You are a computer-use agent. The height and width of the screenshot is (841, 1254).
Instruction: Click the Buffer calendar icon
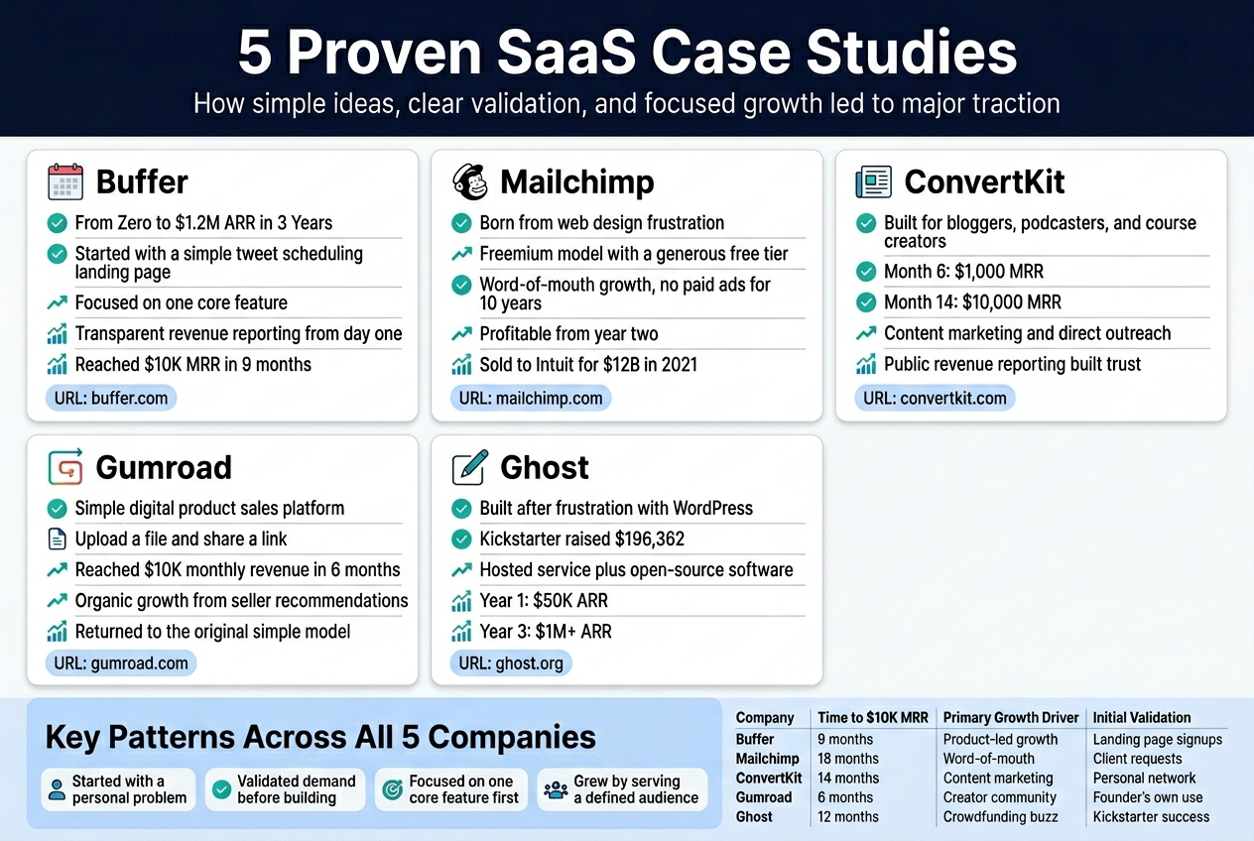(65, 182)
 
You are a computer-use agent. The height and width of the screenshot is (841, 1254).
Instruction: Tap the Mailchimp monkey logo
(469, 182)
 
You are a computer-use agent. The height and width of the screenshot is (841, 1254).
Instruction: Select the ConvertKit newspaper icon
(873, 182)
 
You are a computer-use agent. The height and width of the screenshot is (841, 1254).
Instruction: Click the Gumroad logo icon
(65, 467)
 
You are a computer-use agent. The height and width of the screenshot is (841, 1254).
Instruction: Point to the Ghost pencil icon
(469, 467)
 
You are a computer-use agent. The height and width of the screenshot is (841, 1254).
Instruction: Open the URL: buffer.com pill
(111, 399)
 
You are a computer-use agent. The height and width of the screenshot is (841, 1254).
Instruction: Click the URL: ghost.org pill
(511, 663)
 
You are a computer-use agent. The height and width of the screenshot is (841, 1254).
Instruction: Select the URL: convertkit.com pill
(935, 399)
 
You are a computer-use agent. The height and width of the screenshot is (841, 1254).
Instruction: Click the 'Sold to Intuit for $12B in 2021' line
(587, 365)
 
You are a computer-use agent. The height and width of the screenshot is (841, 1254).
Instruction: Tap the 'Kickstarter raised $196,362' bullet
(581, 540)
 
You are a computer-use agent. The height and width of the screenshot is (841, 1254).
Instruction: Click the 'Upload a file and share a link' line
(181, 540)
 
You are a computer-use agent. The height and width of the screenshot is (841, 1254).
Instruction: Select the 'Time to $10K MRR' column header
(872, 718)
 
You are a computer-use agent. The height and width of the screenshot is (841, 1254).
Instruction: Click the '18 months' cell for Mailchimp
(848, 759)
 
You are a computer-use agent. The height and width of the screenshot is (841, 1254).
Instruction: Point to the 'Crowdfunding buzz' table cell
(1000, 817)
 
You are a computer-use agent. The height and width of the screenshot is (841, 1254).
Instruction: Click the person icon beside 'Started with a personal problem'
(58, 790)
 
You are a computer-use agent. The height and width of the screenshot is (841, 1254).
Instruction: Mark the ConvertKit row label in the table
(769, 779)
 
